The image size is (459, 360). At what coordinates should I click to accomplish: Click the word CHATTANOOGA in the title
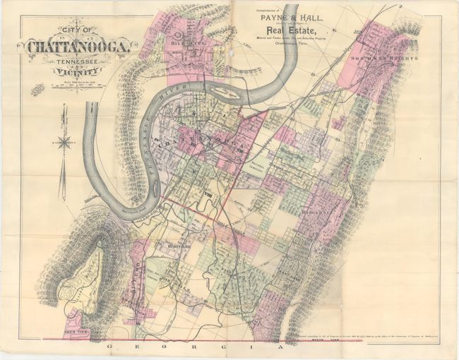tap(78, 48)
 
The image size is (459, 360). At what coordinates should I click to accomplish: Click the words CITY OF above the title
tap(76, 32)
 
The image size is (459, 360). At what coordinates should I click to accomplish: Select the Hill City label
tap(184, 42)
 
